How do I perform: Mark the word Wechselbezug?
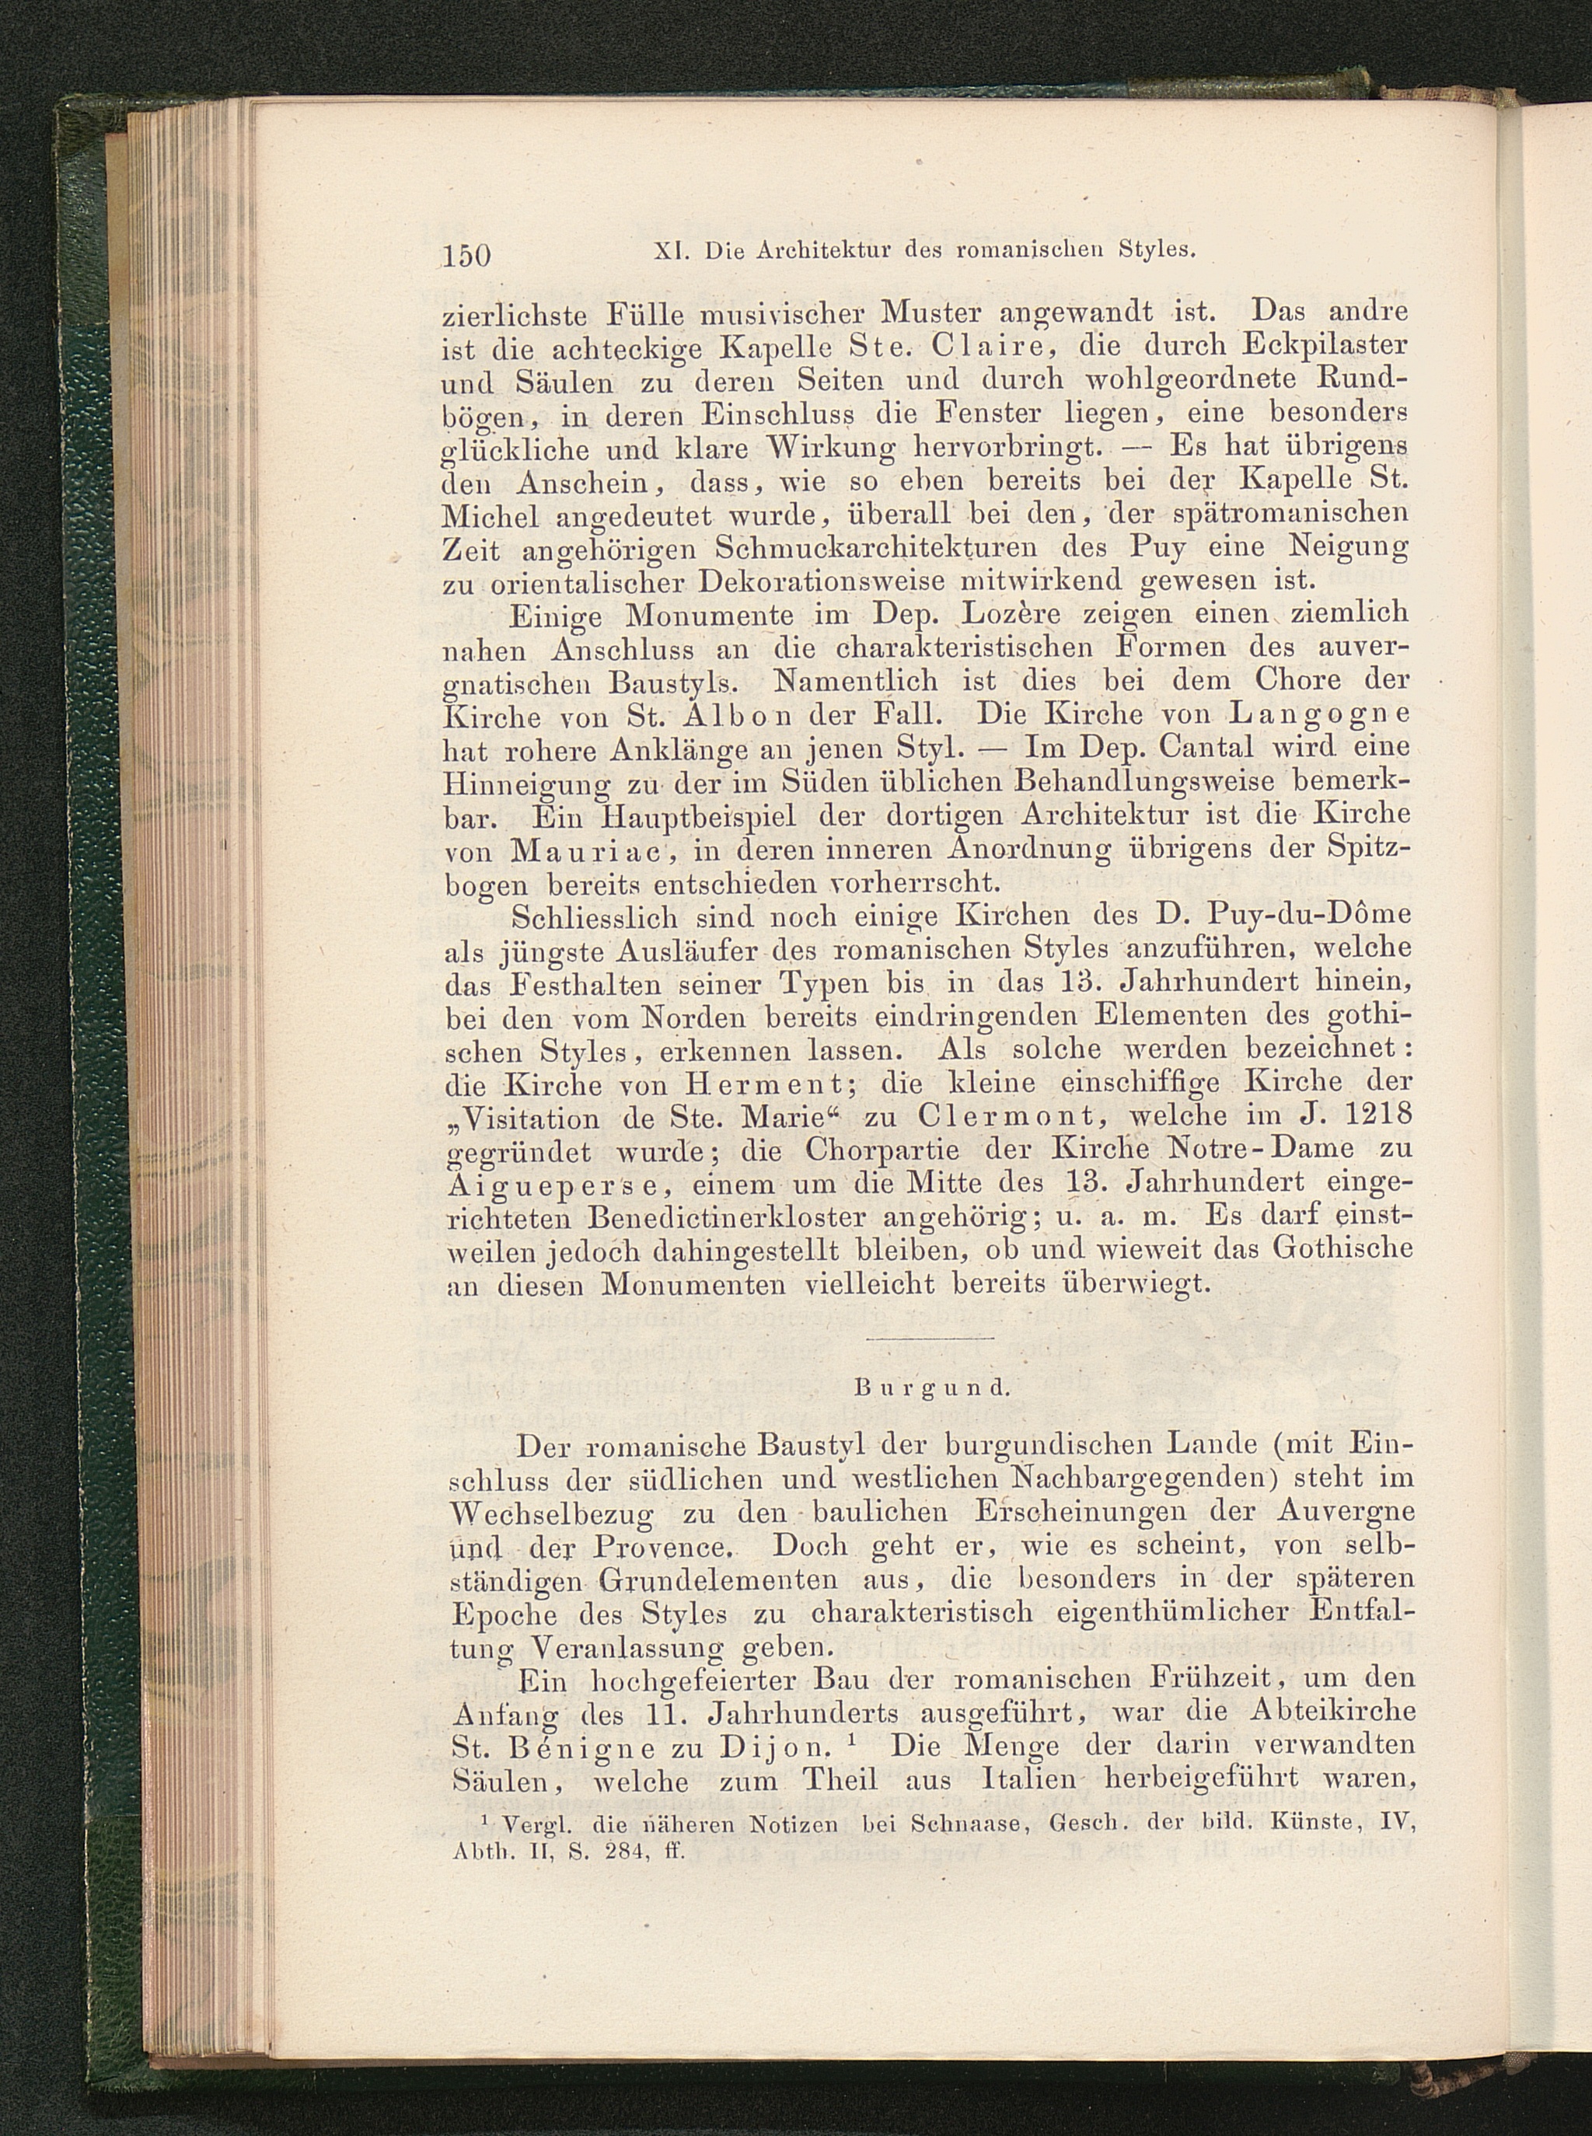point(552,1513)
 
